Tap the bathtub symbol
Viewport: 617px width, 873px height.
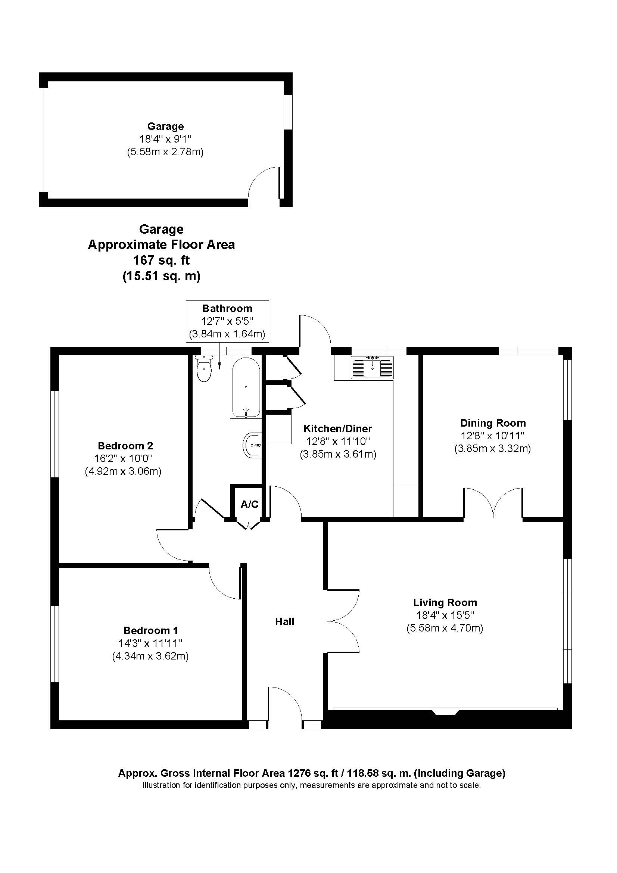tap(246, 387)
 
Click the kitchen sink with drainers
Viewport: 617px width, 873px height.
tap(372, 367)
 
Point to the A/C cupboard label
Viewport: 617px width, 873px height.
tap(249, 504)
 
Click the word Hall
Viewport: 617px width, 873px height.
tap(284, 622)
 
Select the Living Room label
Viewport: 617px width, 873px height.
tap(445, 602)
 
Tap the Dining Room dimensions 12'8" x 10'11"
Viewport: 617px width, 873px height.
tap(492, 436)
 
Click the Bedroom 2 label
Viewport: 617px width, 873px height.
tap(125, 445)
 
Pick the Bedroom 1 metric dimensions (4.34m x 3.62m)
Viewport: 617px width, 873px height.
tap(150, 656)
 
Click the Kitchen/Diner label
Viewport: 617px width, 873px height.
tap(337, 428)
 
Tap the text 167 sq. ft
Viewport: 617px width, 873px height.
tap(161, 261)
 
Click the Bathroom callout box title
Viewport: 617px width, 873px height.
tap(227, 308)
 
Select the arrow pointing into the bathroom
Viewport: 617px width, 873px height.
tap(220, 361)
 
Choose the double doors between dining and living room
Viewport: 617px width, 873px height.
tap(493, 503)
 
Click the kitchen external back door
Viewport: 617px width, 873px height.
tap(315, 330)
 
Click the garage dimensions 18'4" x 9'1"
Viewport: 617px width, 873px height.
tap(165, 139)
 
